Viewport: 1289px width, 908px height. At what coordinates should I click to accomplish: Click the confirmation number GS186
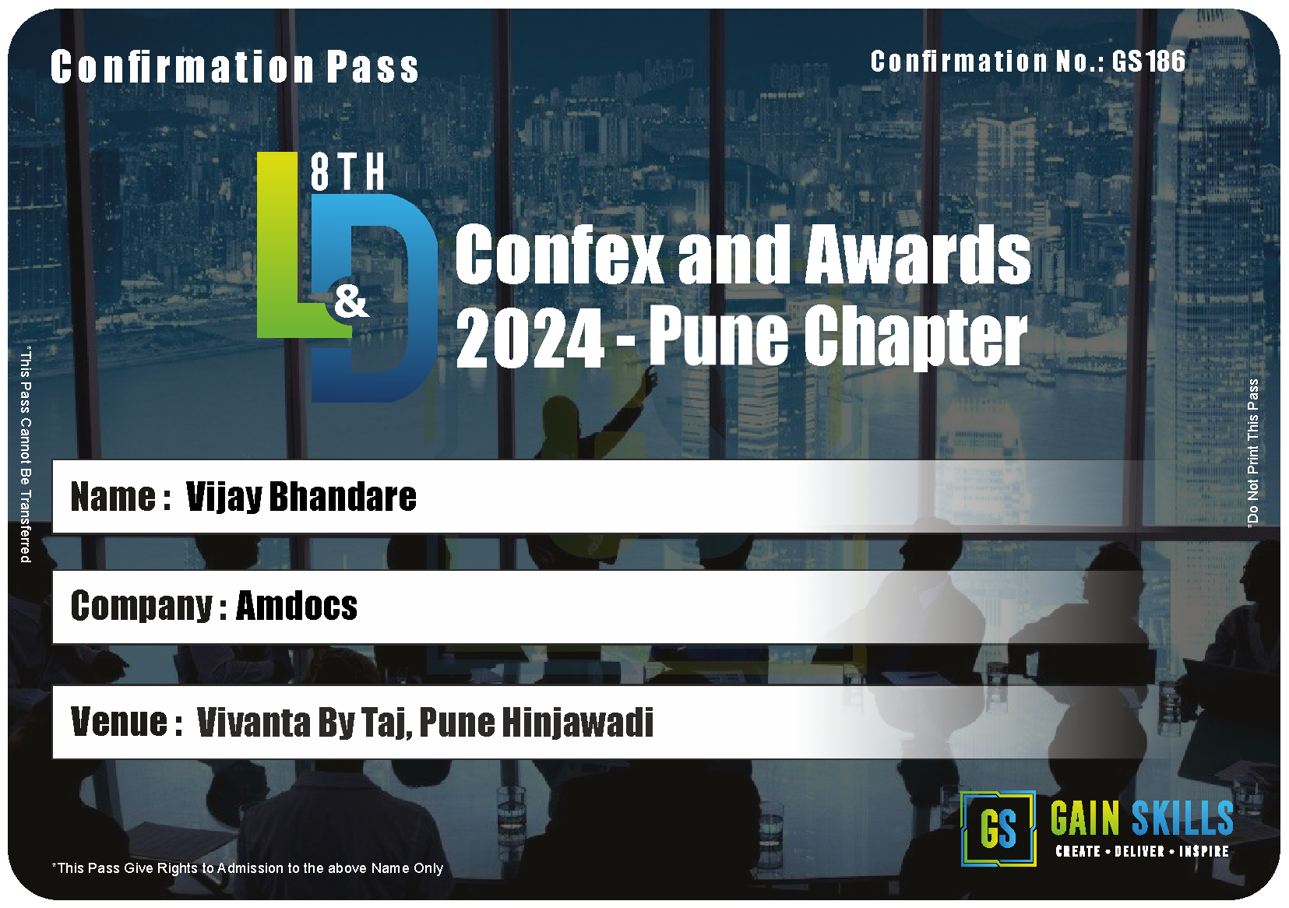pos(1148,62)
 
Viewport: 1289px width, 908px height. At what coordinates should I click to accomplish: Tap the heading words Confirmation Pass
pos(234,67)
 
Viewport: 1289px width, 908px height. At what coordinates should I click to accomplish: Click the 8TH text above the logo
pos(347,172)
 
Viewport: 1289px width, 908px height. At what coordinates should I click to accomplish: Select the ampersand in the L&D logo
pos(351,303)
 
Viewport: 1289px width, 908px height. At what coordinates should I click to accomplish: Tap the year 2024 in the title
pos(530,338)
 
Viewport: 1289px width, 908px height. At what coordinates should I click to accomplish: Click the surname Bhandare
pos(343,496)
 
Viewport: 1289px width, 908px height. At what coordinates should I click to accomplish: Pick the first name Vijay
pos(224,497)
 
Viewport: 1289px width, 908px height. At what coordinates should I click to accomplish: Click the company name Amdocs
pos(297,606)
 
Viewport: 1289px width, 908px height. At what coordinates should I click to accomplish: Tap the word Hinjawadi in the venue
pos(578,723)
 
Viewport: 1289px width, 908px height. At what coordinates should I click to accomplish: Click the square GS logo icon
pos(998,829)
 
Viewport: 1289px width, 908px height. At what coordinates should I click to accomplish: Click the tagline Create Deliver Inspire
pos(1143,852)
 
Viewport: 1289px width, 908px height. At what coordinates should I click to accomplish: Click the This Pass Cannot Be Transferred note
pos(26,455)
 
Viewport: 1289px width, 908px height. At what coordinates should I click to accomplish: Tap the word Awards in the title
pos(917,254)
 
